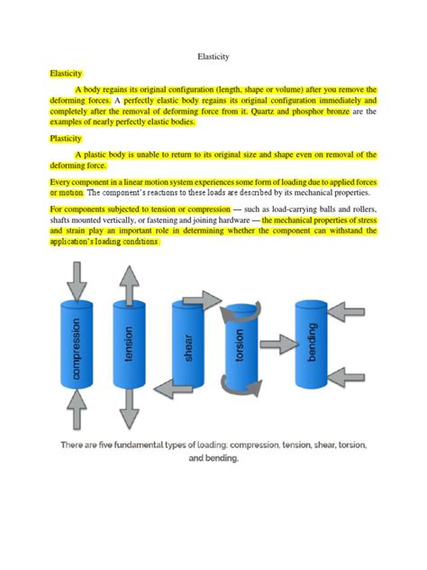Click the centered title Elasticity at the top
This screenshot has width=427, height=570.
pos(213,56)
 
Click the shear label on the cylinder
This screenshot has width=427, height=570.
pos(188,347)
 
